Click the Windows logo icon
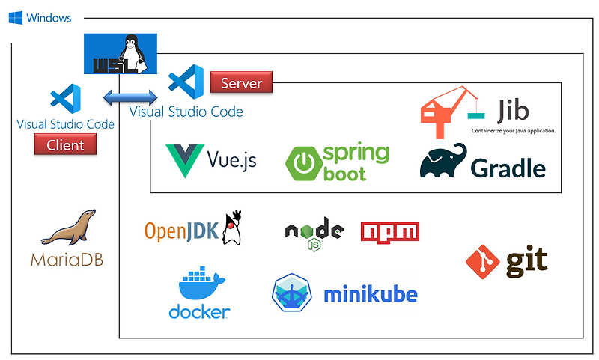click(16, 17)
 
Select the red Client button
click(65, 144)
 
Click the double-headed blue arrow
click(130, 97)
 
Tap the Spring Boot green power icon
click(304, 164)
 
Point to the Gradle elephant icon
click(443, 161)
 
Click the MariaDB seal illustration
click(68, 228)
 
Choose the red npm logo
click(389, 231)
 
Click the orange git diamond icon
click(483, 261)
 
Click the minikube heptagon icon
click(293, 293)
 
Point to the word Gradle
click(508, 168)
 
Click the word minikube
click(370, 294)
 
